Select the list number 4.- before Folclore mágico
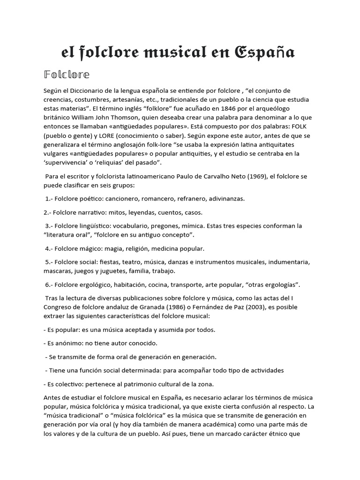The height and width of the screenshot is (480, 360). [51, 248]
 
